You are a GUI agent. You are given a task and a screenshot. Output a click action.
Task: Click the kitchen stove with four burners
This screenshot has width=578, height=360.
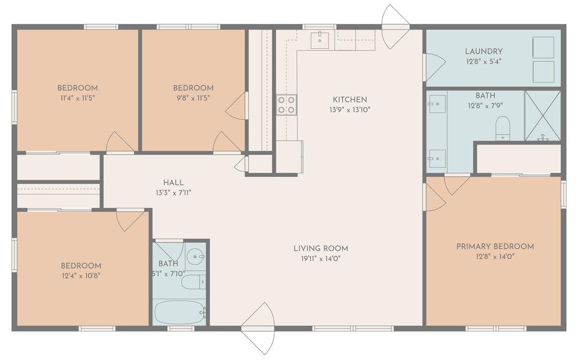tap(287, 105)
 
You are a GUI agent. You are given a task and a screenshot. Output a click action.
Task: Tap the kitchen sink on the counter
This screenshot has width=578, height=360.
tap(320, 40)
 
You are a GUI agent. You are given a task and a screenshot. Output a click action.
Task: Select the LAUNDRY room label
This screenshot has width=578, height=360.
tap(484, 52)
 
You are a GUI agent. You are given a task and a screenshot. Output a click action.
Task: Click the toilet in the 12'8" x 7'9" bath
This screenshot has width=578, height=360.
tap(503, 128)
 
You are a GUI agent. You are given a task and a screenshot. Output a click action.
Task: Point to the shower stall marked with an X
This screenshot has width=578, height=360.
tap(543, 116)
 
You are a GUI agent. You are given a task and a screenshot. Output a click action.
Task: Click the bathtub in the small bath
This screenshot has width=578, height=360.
tap(180, 312)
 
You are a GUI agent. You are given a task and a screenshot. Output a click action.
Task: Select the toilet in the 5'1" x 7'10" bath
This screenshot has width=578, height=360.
tap(194, 282)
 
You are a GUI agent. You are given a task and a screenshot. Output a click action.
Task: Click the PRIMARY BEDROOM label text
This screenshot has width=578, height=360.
tap(495, 247)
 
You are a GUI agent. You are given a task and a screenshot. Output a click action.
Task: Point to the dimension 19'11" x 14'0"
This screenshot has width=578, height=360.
tap(321, 258)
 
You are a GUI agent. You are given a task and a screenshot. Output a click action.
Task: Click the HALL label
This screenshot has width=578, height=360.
tap(173, 183)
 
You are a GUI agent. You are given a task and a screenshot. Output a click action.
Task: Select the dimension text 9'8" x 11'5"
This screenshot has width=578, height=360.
tap(193, 98)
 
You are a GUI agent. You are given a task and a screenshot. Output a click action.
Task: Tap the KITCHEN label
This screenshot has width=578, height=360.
tap(350, 100)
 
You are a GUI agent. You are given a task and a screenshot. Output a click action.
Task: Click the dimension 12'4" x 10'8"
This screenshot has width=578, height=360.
tap(81, 276)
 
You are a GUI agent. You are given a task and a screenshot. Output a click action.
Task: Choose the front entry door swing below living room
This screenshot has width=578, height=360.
tap(258, 329)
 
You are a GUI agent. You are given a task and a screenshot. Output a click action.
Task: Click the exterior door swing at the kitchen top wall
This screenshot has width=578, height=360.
tap(395, 27)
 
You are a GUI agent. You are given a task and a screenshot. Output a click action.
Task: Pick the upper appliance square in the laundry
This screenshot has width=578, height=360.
tap(543, 47)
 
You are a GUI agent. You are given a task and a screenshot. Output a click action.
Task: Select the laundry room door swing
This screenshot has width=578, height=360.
tap(434, 67)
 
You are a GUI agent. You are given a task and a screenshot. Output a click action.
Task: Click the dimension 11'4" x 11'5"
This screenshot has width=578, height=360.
tap(78, 98)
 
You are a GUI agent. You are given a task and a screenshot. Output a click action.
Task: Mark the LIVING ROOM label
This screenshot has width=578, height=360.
tap(321, 249)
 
